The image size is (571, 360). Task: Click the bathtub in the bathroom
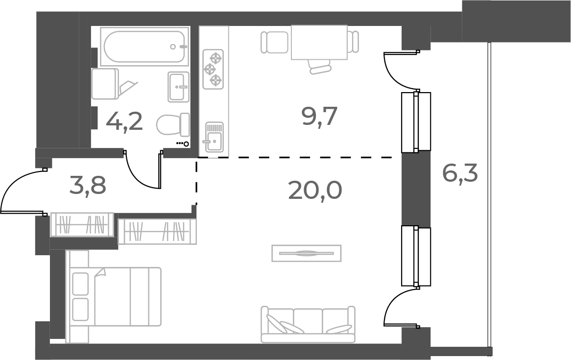[144, 47]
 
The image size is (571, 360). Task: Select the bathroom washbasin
[178, 87]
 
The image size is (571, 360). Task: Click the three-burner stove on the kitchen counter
[213, 69]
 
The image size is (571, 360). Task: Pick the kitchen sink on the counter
[214, 137]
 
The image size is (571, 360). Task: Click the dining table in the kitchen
[319, 42]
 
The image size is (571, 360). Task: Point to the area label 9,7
[320, 117]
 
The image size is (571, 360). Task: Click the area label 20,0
[315, 190]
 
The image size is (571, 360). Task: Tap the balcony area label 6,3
[460, 173]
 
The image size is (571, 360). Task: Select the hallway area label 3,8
[89, 186]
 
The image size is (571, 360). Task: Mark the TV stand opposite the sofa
[306, 253]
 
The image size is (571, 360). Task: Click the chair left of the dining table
[274, 42]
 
